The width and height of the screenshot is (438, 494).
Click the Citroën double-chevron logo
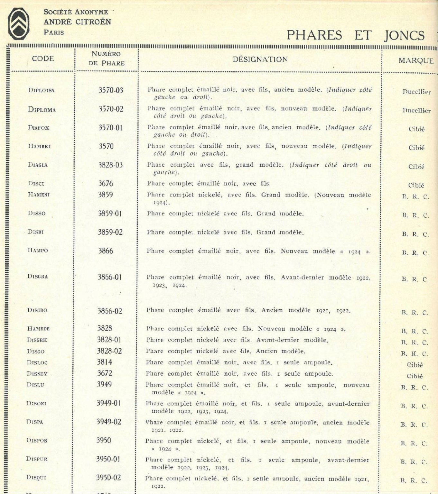point(18,24)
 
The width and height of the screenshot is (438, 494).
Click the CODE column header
point(43,59)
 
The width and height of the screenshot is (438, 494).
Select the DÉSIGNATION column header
point(260,59)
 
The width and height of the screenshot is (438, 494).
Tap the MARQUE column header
point(416,60)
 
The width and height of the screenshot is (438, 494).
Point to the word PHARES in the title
point(314,35)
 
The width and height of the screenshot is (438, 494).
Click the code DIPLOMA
point(42,110)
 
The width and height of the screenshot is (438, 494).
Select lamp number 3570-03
point(111,90)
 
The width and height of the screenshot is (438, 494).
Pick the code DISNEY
point(37,374)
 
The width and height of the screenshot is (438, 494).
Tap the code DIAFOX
point(39,128)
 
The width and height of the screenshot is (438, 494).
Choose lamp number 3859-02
point(110,232)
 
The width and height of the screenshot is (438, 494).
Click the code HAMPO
point(38,251)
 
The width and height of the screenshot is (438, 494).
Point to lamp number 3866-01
point(110,277)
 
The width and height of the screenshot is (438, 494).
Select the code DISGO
point(36,352)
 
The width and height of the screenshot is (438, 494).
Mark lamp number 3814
point(104,362)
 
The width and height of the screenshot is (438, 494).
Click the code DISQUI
point(36,478)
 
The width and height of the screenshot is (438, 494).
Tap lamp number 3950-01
point(108,459)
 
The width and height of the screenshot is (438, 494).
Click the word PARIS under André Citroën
point(54,32)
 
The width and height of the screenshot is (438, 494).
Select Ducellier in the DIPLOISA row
point(416,92)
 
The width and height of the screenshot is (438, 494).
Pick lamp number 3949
point(104,384)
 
